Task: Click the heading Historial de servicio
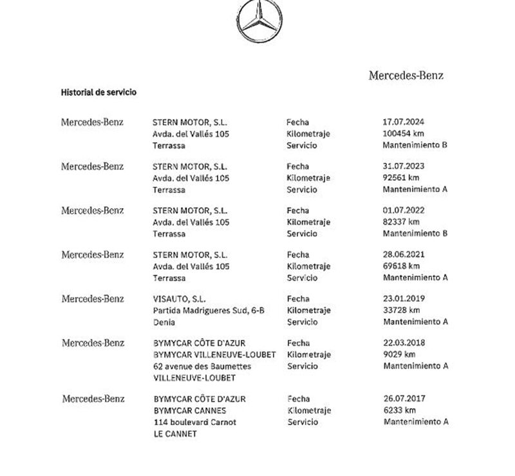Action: (x=98, y=93)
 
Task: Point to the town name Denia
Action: (x=164, y=322)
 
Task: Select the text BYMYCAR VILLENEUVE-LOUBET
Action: (x=215, y=355)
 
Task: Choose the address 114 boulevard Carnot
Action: (x=195, y=422)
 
